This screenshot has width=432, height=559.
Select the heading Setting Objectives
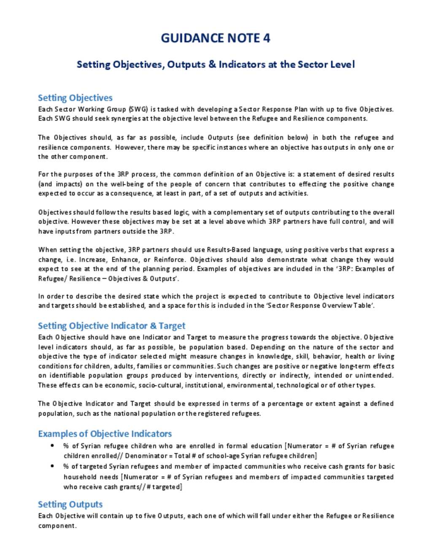coord(75,98)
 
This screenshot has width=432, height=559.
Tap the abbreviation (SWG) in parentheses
coord(138,109)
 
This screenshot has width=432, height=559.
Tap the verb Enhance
coord(125,260)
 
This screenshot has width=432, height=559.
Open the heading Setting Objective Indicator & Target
coord(111,326)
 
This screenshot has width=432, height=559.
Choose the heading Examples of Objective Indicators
coord(105,434)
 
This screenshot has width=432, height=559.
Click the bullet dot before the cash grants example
coord(52,466)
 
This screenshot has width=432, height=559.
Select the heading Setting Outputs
coord(70,505)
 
